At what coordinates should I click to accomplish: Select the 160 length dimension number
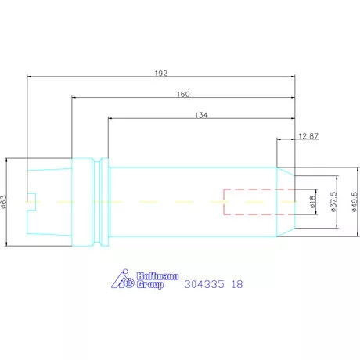(183, 93)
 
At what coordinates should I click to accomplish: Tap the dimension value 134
(201, 114)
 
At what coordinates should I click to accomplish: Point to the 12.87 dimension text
(309, 136)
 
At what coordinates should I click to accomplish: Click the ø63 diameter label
(4, 203)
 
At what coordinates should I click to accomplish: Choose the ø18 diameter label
(311, 202)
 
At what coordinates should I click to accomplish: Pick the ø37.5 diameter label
(333, 202)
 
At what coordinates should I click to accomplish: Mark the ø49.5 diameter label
(355, 202)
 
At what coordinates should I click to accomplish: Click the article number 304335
(202, 285)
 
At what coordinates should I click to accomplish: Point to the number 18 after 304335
(236, 285)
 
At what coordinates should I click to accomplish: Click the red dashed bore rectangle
(250, 202)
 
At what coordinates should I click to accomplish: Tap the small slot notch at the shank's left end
(32, 201)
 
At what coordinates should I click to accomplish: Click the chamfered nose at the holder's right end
(287, 202)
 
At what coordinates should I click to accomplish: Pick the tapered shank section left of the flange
(50, 202)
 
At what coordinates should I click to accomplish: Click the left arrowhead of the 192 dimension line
(30, 77)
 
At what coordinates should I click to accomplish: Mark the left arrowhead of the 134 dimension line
(110, 119)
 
